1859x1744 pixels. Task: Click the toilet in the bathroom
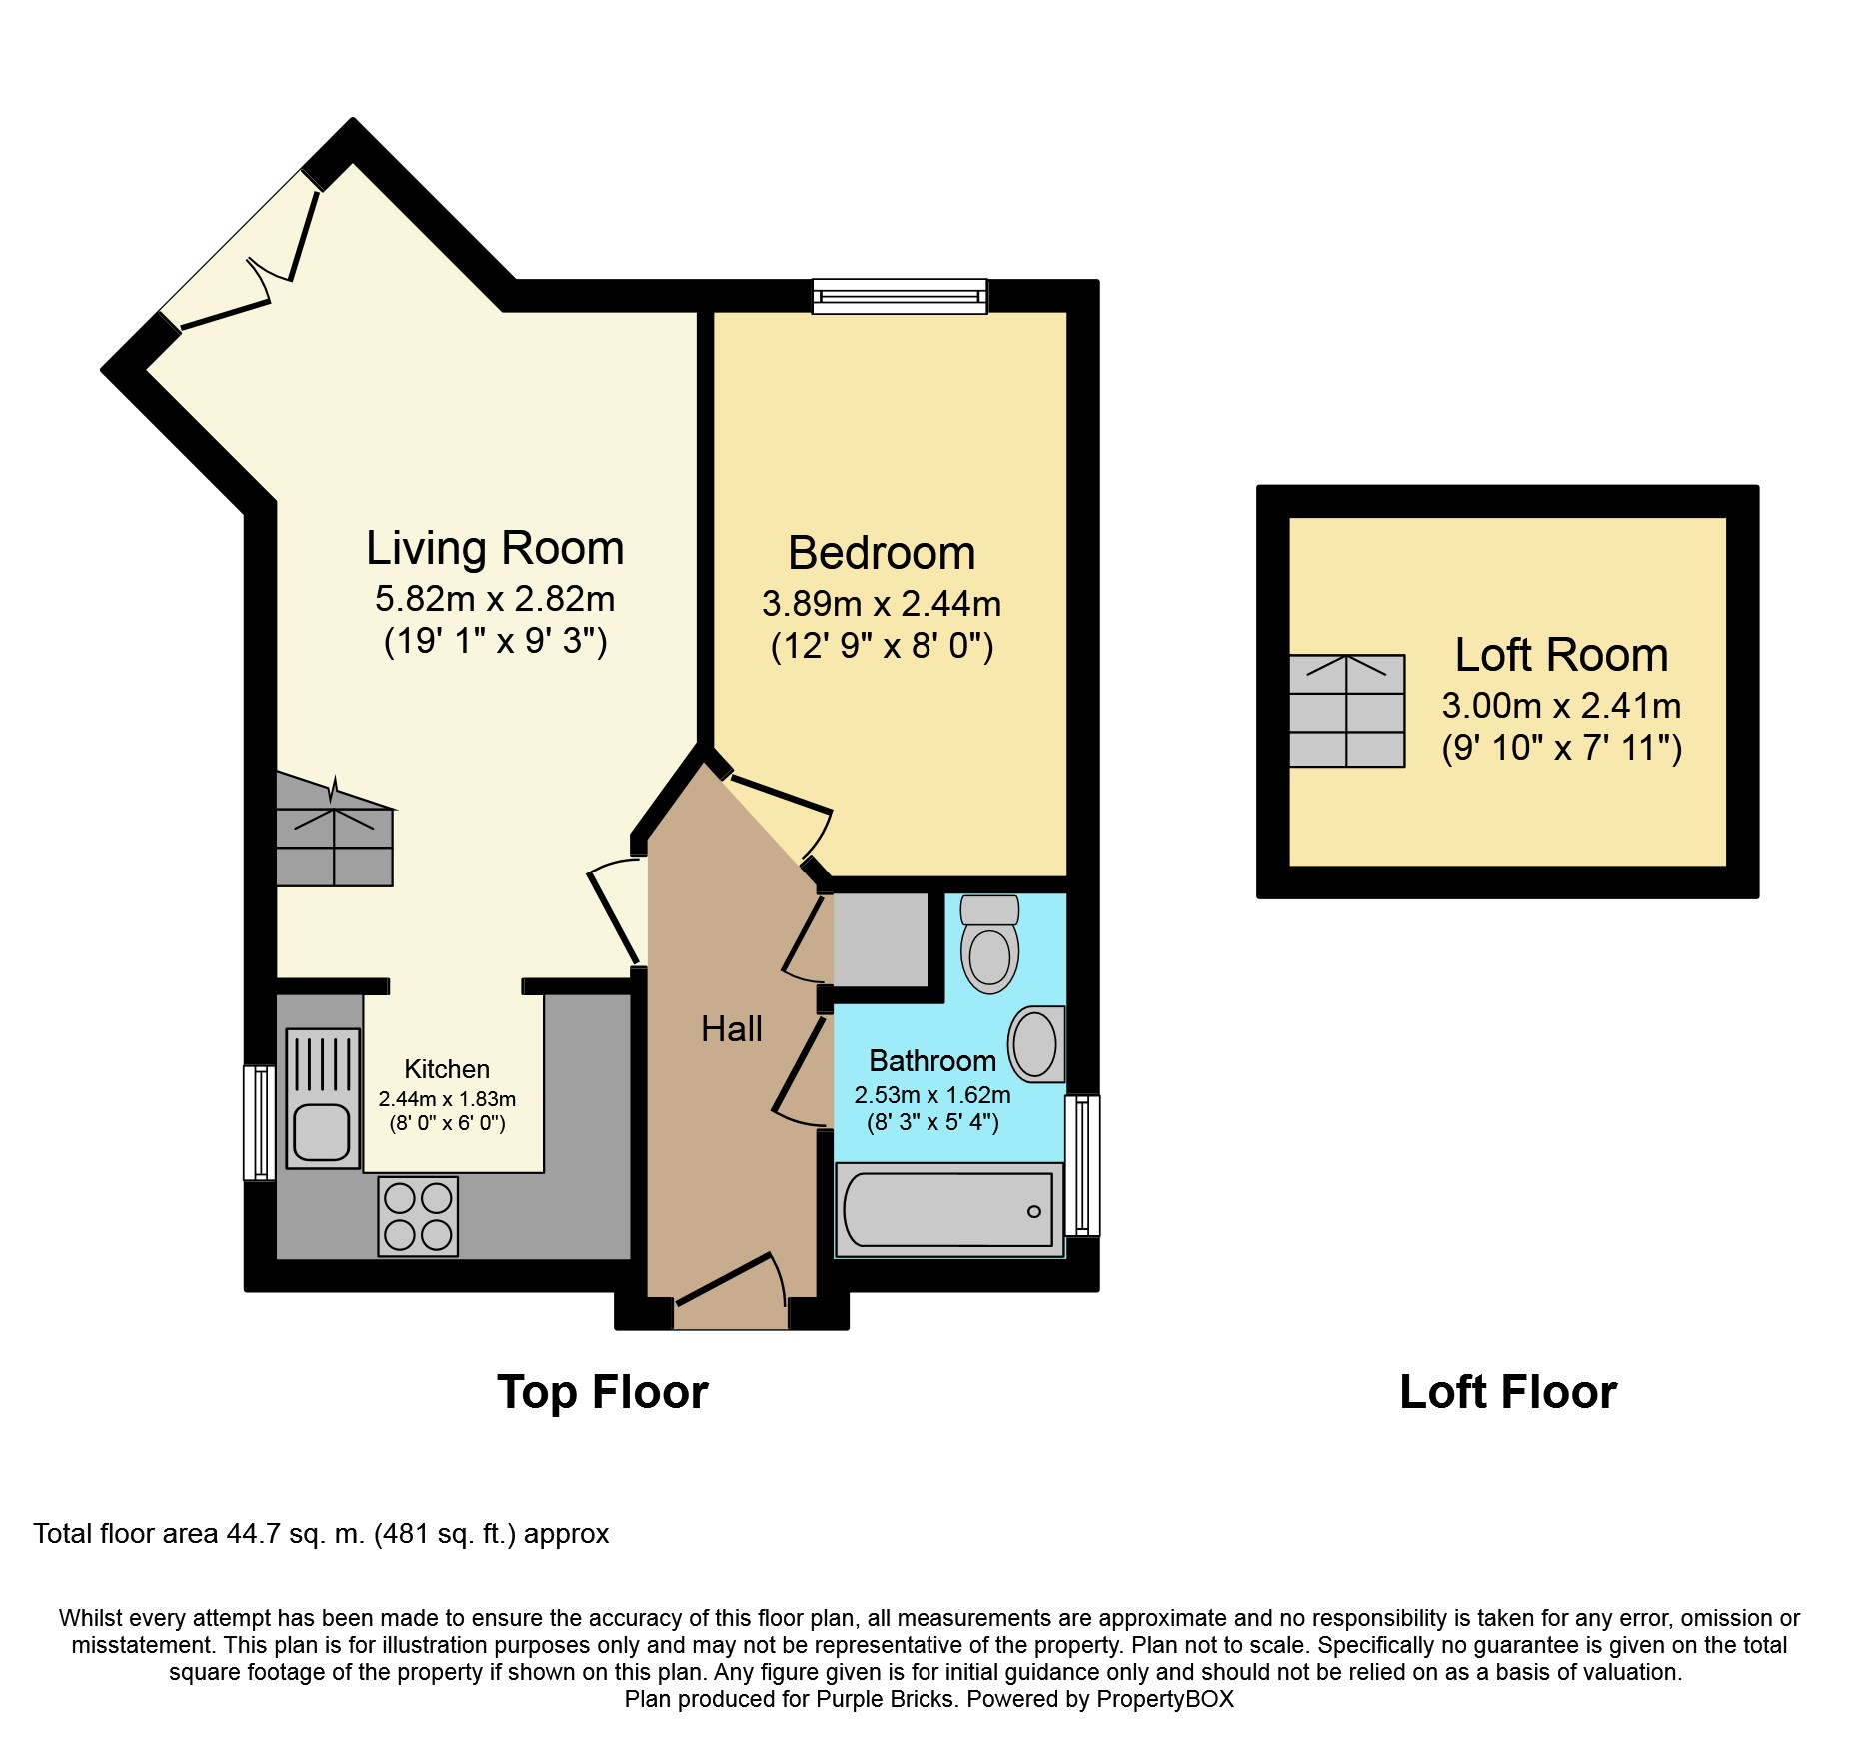(x=989, y=943)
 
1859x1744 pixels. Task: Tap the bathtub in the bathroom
(x=948, y=1209)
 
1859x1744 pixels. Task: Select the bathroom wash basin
(x=1036, y=1044)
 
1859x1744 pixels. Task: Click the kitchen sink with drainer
(x=322, y=1098)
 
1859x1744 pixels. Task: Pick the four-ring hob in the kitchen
(x=418, y=1216)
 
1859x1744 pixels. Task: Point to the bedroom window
(x=900, y=296)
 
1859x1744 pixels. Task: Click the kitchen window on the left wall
(x=260, y=1122)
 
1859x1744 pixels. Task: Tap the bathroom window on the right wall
(x=1082, y=1165)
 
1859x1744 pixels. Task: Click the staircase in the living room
(x=335, y=829)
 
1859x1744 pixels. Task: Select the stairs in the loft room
(x=1347, y=711)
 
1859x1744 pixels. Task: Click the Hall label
(x=732, y=1028)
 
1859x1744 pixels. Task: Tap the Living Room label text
(x=495, y=548)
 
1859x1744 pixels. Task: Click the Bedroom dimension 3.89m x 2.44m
(x=882, y=604)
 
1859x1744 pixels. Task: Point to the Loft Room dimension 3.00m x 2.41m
(x=1561, y=706)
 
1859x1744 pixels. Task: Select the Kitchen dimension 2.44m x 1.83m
(x=447, y=1099)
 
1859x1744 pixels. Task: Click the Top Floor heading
(x=603, y=1392)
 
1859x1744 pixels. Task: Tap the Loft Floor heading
(x=1508, y=1392)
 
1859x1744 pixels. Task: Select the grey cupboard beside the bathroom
(x=881, y=938)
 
